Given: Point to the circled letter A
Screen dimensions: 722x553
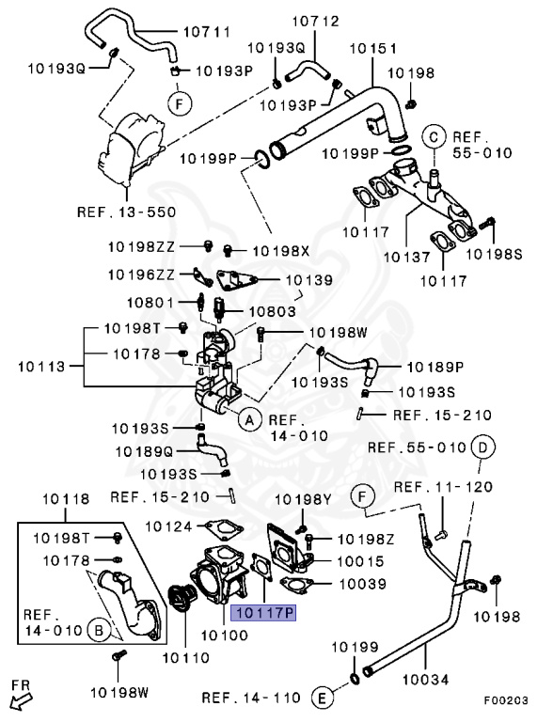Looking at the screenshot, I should [249, 419].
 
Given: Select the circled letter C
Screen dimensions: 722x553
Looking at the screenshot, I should [434, 137].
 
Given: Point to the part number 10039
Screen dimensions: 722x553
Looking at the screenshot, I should [361, 584].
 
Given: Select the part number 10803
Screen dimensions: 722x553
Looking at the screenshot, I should [273, 310].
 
